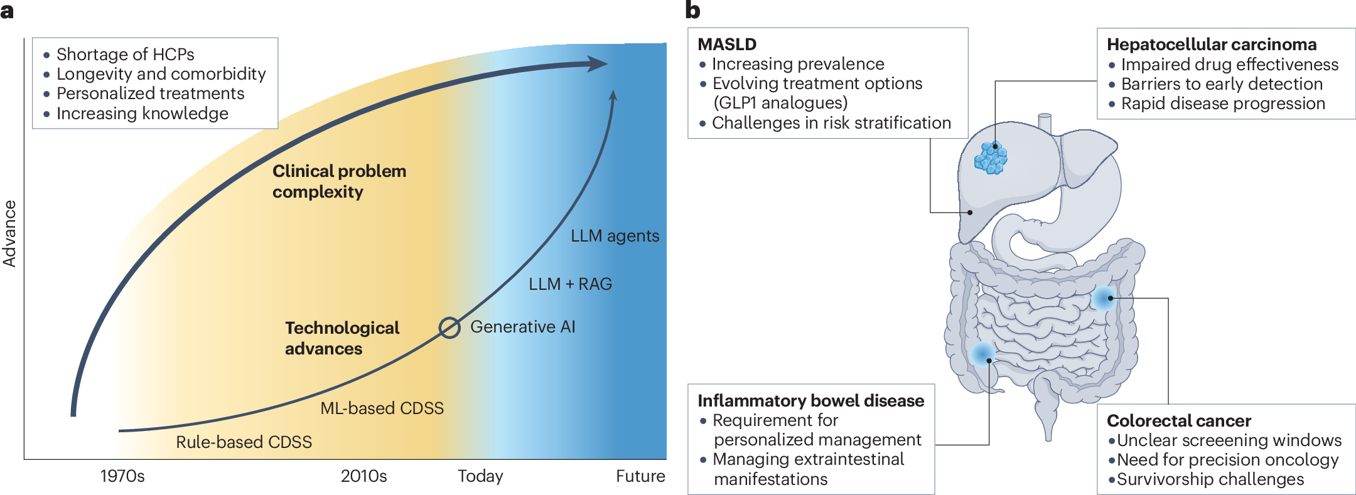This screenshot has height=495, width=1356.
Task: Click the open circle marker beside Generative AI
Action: [449, 327]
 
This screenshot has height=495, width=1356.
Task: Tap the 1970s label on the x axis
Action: [122, 476]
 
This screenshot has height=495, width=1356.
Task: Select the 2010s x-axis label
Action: [363, 476]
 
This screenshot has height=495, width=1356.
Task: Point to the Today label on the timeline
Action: [480, 476]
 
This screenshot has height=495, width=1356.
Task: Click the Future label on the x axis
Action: [640, 476]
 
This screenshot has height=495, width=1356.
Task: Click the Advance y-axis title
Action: [10, 233]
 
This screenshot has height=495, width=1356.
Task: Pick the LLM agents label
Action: [615, 236]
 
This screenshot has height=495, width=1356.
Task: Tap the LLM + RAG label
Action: [570, 284]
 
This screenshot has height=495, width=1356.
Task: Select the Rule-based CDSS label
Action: [244, 442]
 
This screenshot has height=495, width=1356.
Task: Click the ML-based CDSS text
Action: [382, 408]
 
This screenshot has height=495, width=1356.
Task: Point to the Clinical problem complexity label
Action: [339, 181]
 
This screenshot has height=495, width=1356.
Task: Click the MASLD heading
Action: [727, 45]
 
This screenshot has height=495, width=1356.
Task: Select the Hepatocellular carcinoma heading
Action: [1211, 45]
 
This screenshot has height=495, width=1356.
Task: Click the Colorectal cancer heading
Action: [1178, 421]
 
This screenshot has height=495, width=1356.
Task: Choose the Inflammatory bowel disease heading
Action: [810, 401]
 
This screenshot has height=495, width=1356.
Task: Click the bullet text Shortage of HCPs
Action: [125, 55]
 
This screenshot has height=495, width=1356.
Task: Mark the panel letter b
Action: [692, 11]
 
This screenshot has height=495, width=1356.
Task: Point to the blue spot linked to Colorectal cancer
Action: [1104, 298]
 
